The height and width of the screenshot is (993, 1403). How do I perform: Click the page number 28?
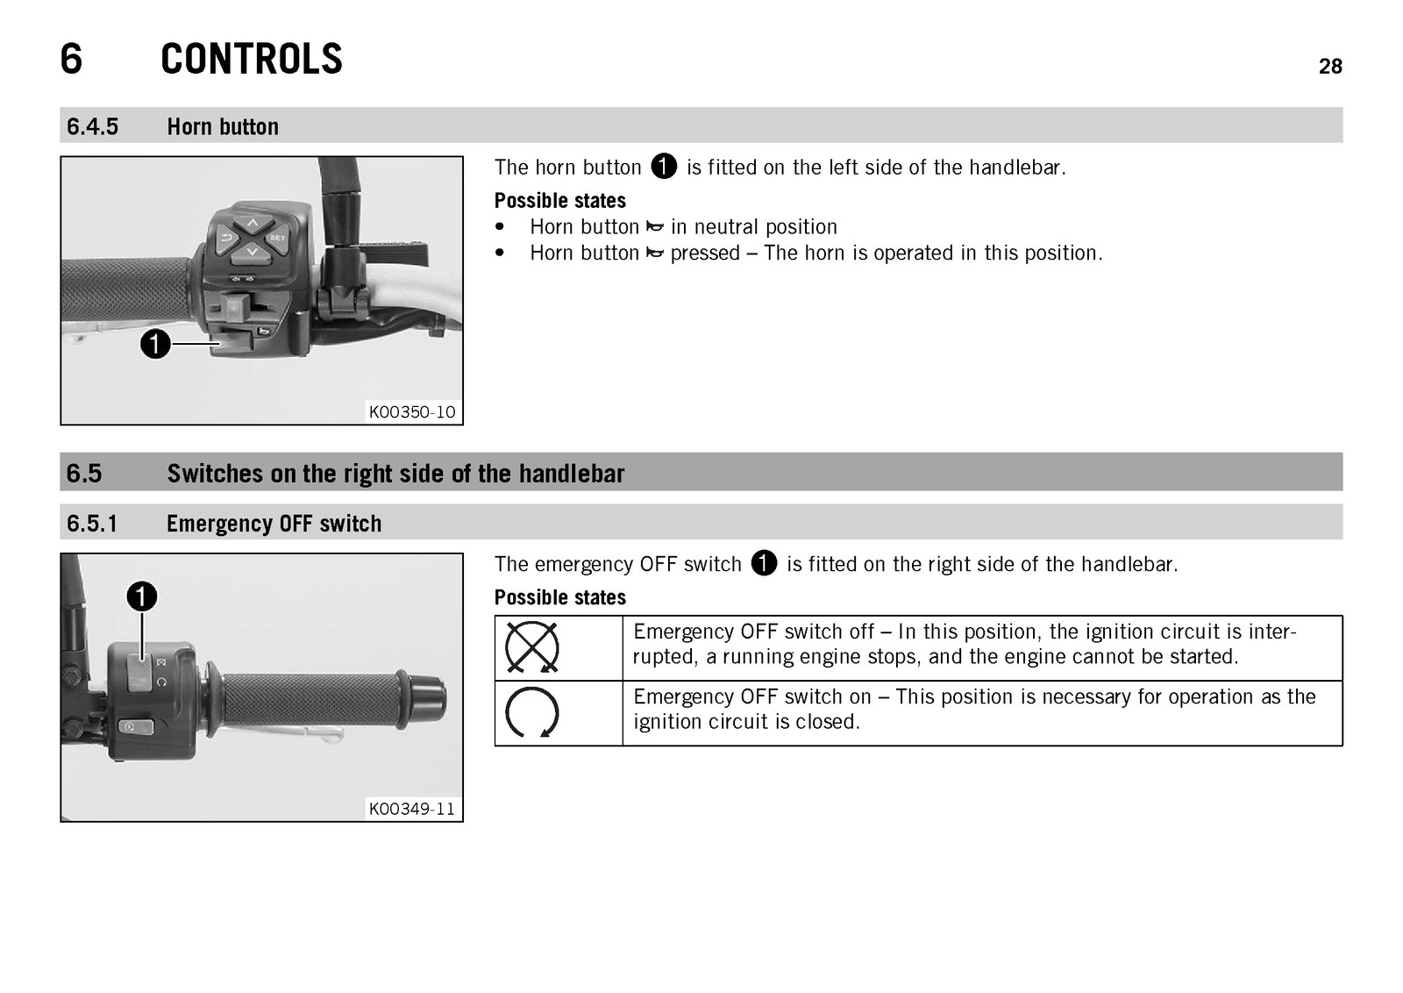click(1329, 67)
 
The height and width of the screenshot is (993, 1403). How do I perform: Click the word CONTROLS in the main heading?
click(251, 59)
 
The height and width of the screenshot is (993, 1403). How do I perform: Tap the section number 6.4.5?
click(92, 126)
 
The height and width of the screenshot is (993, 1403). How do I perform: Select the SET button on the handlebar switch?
click(277, 238)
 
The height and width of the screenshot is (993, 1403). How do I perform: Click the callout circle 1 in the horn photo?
click(155, 343)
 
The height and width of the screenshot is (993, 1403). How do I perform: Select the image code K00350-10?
click(412, 411)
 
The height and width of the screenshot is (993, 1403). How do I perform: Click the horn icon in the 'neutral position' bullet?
click(654, 227)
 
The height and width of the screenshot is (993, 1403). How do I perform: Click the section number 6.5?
click(84, 473)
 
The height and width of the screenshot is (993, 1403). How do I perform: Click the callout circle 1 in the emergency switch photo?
click(142, 597)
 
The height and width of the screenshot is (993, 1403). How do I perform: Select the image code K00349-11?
click(412, 809)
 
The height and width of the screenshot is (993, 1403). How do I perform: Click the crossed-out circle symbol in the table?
click(531, 647)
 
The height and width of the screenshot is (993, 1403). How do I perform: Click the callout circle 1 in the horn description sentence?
click(664, 167)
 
